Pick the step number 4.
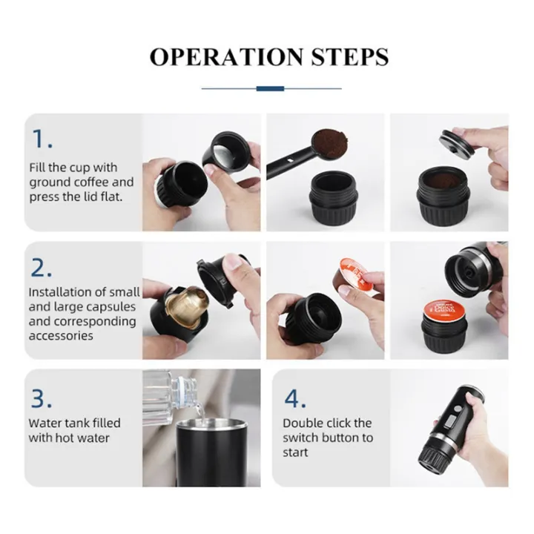coord(295,398)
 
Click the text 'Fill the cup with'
coord(73,168)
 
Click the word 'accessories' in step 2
coord(61,335)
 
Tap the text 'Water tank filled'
coord(74,423)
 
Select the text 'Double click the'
coord(327,423)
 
